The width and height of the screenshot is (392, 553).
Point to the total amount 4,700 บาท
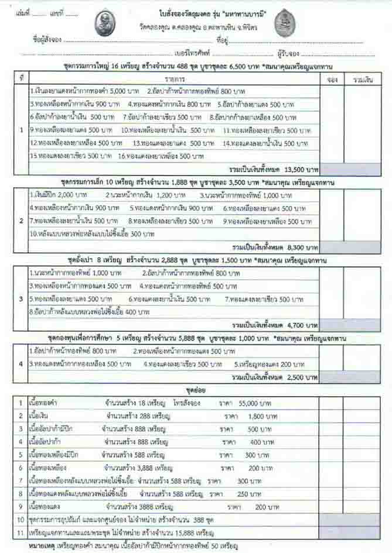(x=285, y=324)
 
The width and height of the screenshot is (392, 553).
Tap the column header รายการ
(x=175, y=78)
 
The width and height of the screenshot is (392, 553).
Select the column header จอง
(x=332, y=78)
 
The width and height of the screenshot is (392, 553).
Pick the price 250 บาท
(x=246, y=493)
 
